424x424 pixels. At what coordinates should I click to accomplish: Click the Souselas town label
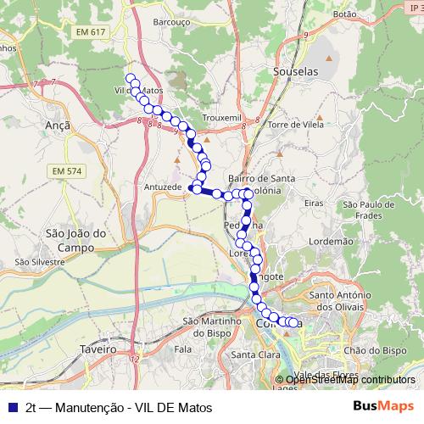[295, 72]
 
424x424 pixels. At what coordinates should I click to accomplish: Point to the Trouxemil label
[222, 117]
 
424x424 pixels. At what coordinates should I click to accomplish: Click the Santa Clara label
[255, 354]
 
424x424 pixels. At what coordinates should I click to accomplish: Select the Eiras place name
[314, 204]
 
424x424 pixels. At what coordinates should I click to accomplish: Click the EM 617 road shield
[91, 32]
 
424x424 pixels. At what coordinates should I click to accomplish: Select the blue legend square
[13, 407]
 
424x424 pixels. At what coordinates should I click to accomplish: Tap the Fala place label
[183, 349]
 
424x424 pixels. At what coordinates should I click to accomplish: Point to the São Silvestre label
[39, 263]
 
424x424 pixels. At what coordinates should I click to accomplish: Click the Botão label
[345, 14]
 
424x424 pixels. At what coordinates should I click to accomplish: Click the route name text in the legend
[119, 407]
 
